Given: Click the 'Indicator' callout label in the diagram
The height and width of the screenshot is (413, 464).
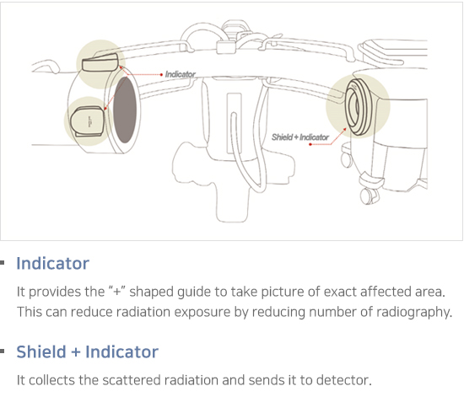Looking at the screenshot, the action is pos(181,74).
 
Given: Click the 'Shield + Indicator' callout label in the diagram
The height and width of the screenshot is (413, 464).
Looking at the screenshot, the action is pos(300,137).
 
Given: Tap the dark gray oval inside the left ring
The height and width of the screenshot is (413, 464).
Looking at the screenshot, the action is pos(125,110).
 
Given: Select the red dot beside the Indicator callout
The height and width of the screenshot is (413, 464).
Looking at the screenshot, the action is pos(161,74).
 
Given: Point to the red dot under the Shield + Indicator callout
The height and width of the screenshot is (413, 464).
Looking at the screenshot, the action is pos(310,144).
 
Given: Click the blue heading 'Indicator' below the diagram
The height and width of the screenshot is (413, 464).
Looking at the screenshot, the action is pos(52,263).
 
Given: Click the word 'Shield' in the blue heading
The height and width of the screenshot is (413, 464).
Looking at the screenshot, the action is pos(41,351).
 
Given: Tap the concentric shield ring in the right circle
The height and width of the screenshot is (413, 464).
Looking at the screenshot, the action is pos(358,107).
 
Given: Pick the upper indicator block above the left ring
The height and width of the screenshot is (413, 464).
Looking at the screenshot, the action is pos(100,63).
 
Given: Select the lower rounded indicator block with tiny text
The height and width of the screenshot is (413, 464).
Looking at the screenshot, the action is pos(88,121).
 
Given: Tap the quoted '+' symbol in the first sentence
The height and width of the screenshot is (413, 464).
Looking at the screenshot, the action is pos(117,291).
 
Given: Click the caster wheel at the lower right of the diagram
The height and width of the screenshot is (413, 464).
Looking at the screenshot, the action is pos(368,196).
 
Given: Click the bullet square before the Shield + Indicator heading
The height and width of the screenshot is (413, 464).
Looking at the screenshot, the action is pos(3,351).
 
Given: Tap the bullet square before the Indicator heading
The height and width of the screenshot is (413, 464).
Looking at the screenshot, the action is pos(3,262).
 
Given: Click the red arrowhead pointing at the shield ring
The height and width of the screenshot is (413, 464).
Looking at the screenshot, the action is pos(345,129).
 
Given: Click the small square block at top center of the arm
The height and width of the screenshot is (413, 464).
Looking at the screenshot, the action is pos(226,47).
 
